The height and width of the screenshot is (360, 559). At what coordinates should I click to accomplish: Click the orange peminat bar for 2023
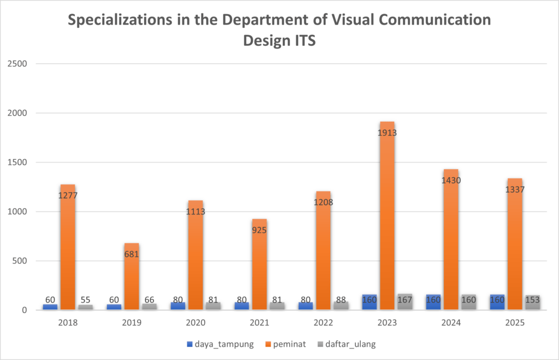(388, 218)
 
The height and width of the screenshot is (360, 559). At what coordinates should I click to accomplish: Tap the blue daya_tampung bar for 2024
(433, 302)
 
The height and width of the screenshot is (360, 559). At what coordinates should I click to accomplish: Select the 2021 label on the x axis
(259, 322)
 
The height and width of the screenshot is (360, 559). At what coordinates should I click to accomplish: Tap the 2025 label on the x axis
(515, 322)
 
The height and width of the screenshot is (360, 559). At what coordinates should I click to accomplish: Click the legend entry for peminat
(286, 344)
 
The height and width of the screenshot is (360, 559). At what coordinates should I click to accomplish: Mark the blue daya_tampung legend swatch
(190, 344)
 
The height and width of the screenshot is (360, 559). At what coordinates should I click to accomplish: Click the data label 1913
(388, 133)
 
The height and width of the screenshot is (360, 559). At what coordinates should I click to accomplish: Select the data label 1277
(68, 194)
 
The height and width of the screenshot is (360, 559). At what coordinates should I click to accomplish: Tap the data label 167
(405, 300)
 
